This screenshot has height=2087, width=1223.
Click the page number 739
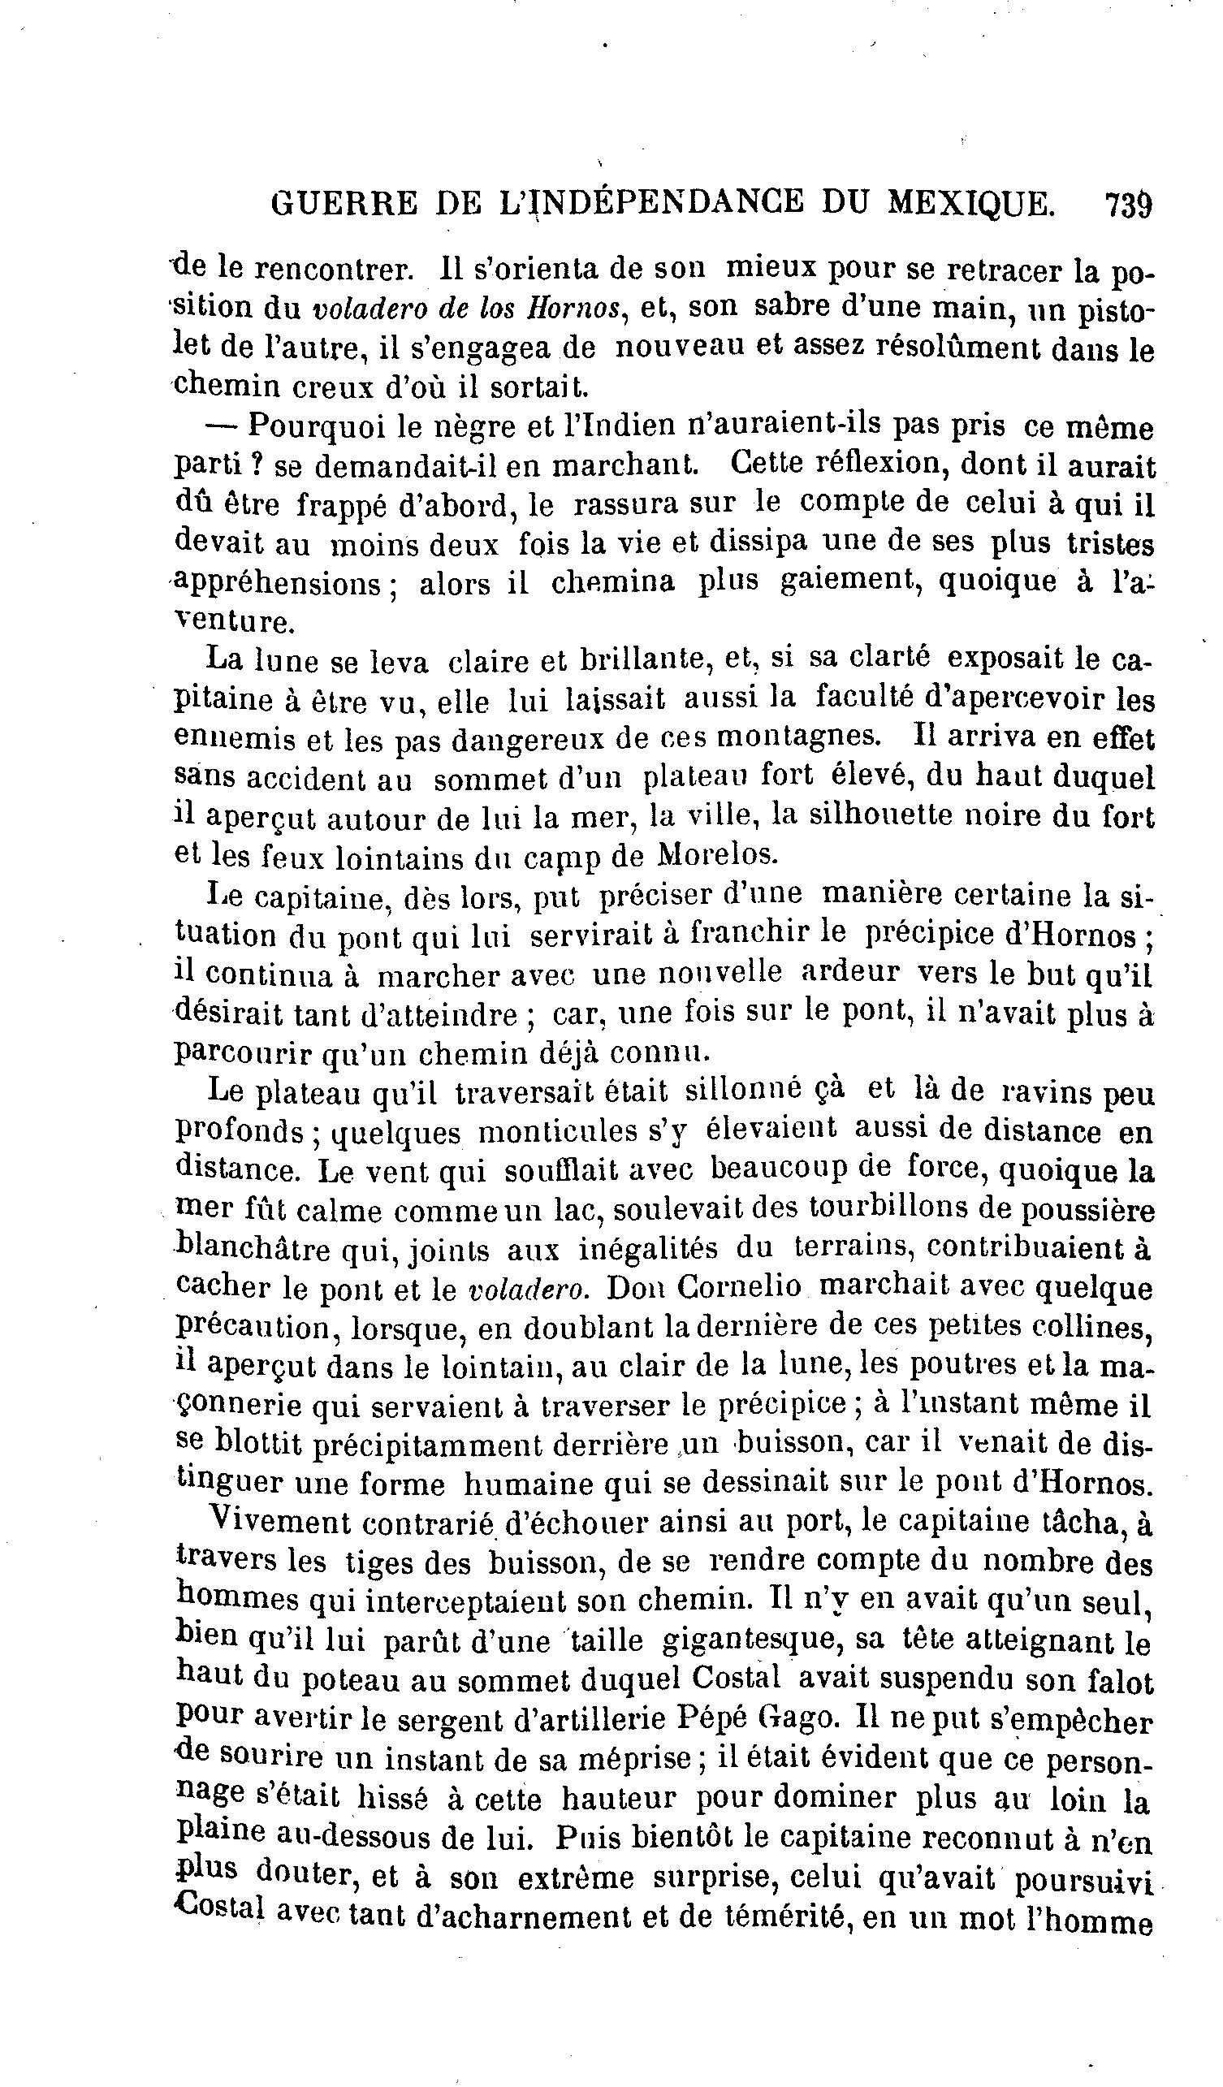coord(1128,203)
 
